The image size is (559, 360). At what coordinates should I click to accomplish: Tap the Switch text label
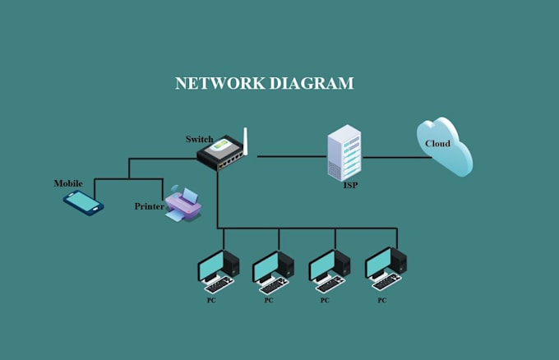(199, 139)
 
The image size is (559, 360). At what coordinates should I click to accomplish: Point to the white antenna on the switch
(246, 140)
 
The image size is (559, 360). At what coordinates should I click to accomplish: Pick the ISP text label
(350, 186)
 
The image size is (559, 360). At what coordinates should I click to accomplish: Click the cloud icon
(444, 146)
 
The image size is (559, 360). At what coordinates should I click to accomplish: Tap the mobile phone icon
(83, 202)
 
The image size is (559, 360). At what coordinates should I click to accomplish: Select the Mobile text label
(68, 182)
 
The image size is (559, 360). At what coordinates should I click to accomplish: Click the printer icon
(182, 205)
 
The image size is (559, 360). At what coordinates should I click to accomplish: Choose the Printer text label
(149, 206)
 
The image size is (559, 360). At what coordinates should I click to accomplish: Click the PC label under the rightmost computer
(381, 301)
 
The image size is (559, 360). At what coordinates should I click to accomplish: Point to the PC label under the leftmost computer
(212, 301)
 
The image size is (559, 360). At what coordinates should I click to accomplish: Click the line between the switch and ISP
(292, 155)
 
